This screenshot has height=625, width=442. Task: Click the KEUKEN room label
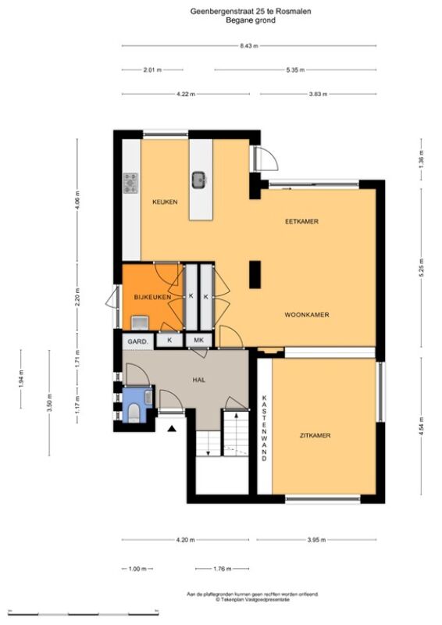pos(165,202)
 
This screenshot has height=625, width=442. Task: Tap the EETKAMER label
pos(301,221)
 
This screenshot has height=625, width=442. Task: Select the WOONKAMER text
pos(307,315)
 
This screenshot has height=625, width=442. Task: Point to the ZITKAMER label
pos(315,435)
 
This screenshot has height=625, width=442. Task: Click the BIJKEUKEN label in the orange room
pos(152,297)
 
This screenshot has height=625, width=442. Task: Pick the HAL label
pos(199,380)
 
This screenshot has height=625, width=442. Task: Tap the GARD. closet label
pos(138,341)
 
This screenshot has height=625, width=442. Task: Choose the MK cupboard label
pos(198,340)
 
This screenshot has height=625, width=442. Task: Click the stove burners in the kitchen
pos(130,184)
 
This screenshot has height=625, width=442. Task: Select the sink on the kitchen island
pos(199,180)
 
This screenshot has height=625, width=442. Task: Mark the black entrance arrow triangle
pos(172,429)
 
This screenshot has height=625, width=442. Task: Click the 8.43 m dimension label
pos(249,46)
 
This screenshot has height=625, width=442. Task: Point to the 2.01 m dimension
pos(152,70)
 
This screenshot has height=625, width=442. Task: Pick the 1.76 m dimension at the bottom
pos(223,569)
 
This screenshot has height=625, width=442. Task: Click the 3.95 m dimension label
pos(316,540)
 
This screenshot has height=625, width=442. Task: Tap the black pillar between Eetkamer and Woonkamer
pos(255,275)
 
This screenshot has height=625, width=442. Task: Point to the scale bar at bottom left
pos(84,612)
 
